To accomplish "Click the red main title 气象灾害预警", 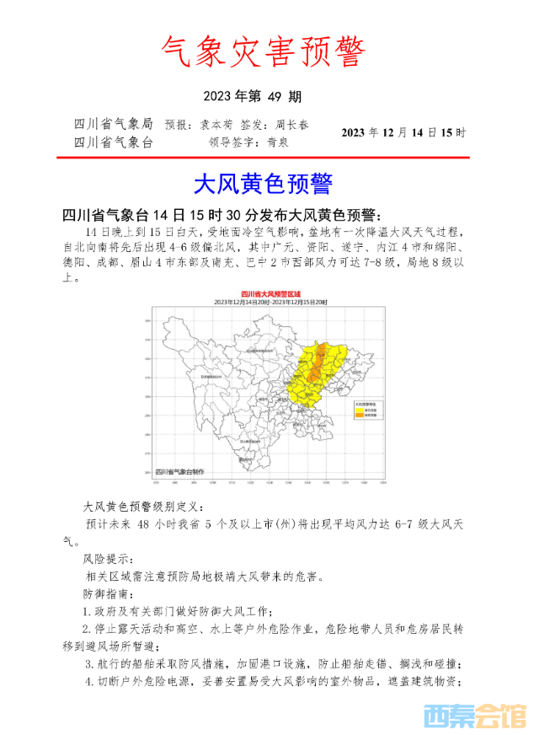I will point(263,53).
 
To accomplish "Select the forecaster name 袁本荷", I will point(216,125).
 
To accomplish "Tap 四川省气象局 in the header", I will point(114,125).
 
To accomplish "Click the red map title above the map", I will point(266,292).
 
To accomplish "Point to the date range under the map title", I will point(266,301).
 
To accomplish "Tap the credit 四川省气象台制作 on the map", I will point(179,471).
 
